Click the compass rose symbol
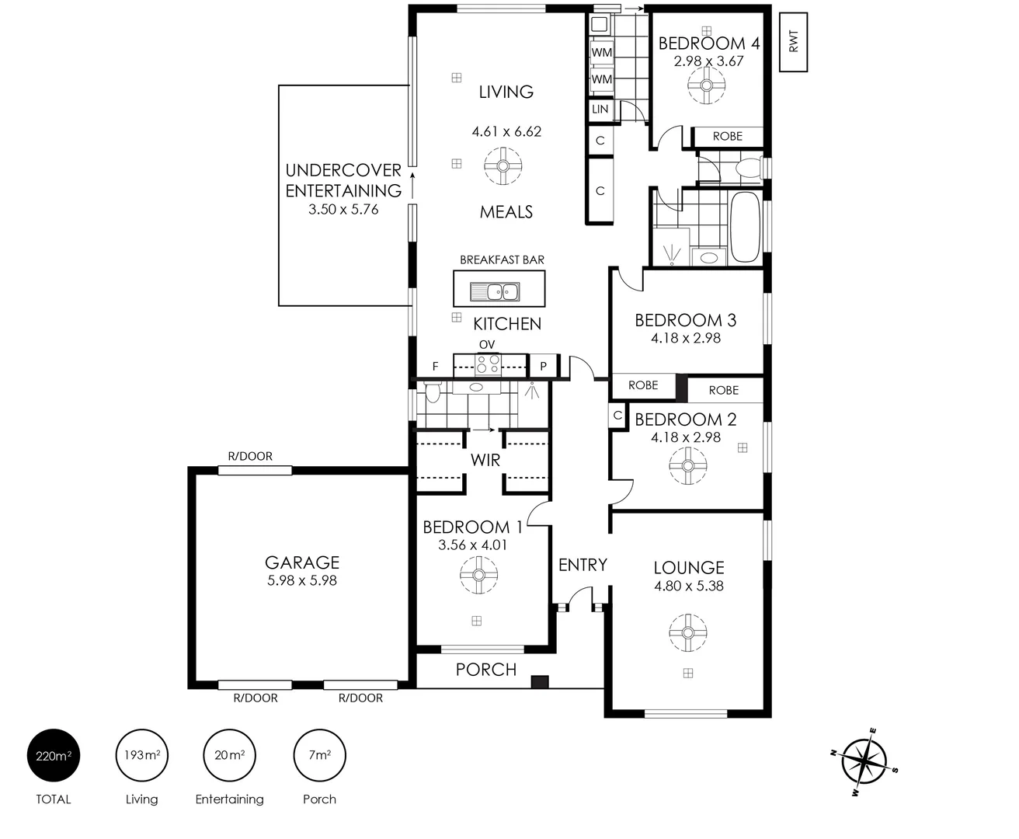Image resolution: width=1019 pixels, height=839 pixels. click(x=864, y=761)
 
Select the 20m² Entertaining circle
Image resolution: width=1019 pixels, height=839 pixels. click(x=229, y=755)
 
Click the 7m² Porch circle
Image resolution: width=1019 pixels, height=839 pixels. click(x=319, y=755)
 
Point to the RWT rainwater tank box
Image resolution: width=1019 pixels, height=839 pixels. click(x=793, y=42)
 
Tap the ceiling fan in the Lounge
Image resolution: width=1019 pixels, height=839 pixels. click(x=687, y=632)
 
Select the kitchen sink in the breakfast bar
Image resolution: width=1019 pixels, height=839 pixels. click(x=495, y=293)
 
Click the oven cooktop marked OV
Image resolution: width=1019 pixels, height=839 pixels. click(x=489, y=364)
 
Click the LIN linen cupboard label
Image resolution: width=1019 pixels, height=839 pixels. click(x=600, y=110)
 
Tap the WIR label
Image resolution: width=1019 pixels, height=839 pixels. click(x=485, y=461)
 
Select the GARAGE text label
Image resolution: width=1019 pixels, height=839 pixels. click(x=302, y=562)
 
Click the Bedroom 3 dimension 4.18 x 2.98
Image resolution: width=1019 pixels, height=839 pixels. click(x=686, y=338)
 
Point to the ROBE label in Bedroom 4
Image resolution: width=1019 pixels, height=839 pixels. click(x=727, y=136)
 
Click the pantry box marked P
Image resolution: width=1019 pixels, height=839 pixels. click(x=544, y=366)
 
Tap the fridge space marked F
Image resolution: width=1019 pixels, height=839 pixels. click(x=435, y=366)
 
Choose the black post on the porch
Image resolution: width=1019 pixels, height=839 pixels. click(x=540, y=681)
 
